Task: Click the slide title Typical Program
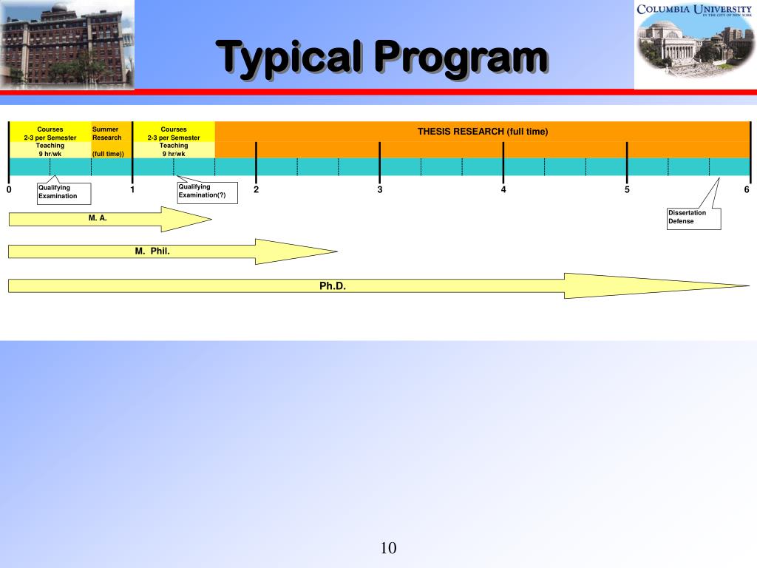pyautogui.click(x=381, y=57)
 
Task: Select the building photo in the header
pyautogui.click(x=67, y=44)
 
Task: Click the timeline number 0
pyautogui.click(x=9, y=190)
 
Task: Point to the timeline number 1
pyautogui.click(x=132, y=190)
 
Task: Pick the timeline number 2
pyautogui.click(x=256, y=190)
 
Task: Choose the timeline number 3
pyautogui.click(x=380, y=190)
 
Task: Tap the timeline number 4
pyautogui.click(x=503, y=190)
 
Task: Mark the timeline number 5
pyautogui.click(x=627, y=190)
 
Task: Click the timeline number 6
pyautogui.click(x=747, y=190)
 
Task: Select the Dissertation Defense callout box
pyautogui.click(x=693, y=217)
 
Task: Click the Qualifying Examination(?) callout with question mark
pyautogui.click(x=207, y=192)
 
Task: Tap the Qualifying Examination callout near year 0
pyautogui.click(x=64, y=192)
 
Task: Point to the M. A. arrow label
pyautogui.click(x=98, y=218)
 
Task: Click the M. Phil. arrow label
pyautogui.click(x=152, y=251)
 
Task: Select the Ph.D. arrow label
pyautogui.click(x=333, y=285)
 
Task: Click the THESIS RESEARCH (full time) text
pyautogui.click(x=483, y=132)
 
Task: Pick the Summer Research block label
pyautogui.click(x=107, y=134)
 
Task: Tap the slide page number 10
pyautogui.click(x=389, y=548)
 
